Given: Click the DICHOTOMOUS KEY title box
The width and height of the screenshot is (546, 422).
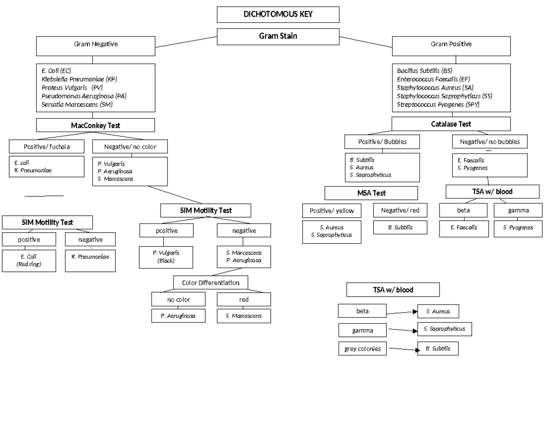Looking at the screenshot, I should tap(278, 15).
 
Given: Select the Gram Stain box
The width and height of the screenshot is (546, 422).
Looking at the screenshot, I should tap(278, 36).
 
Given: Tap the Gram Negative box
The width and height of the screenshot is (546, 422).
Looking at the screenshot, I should tap(96, 46).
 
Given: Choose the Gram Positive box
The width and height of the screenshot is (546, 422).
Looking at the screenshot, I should tap(451, 46).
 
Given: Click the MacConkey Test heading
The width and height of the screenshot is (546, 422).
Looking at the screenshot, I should tap(96, 125).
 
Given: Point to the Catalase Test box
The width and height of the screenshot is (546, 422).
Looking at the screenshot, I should tap(451, 124).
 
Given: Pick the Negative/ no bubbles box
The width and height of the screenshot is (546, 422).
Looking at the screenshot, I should tap(490, 142).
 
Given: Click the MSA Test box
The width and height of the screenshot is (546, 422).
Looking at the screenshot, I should tap(371, 193).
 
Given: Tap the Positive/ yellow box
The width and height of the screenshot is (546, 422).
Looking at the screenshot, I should tap(332, 211).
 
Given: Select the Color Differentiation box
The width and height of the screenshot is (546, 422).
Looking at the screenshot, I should tap(211, 283).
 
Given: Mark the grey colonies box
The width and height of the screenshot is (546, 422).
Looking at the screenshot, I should tap(362, 349).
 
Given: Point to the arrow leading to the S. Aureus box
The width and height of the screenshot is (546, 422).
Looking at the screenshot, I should tap(402, 312).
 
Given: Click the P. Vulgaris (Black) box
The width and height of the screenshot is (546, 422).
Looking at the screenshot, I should tap(166, 257).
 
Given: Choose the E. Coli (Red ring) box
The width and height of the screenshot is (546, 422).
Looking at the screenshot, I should tap(29, 260).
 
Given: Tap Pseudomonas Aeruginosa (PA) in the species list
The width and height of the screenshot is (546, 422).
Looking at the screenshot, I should tap(84, 96).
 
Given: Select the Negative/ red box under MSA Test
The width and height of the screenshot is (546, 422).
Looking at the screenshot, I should tap(400, 210).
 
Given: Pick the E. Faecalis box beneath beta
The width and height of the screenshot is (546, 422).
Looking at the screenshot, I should tap(464, 228).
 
